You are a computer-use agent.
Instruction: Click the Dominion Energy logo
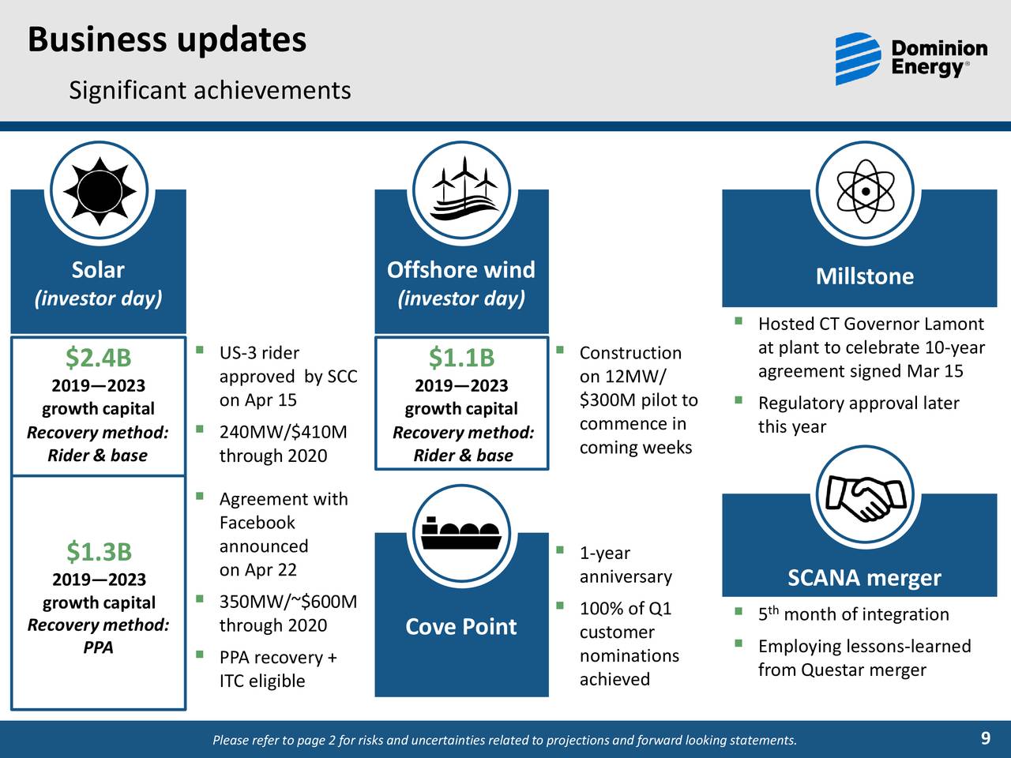tap(911, 59)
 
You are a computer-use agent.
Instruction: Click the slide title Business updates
tap(167, 39)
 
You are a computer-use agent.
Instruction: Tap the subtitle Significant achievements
tap(209, 90)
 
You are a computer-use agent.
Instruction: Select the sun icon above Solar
tap(99, 192)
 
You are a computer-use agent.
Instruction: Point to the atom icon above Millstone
tap(865, 192)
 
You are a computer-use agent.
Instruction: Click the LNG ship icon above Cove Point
tap(462, 535)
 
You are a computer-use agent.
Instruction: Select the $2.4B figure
tap(98, 358)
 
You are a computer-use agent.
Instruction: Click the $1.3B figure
tap(98, 550)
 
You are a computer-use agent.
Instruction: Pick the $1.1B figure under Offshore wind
tap(461, 358)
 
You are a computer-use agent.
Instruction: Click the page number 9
tap(985, 739)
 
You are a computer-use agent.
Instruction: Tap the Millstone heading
tap(864, 276)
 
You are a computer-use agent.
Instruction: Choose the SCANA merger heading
tap(864, 578)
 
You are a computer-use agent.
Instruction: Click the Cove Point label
tap(461, 626)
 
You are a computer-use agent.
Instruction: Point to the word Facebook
tap(257, 523)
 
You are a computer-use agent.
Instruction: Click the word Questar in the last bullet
tap(832, 670)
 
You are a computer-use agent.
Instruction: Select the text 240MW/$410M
tap(283, 432)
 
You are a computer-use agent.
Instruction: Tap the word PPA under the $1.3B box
tap(98, 647)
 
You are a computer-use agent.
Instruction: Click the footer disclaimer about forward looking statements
tap(505, 740)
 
